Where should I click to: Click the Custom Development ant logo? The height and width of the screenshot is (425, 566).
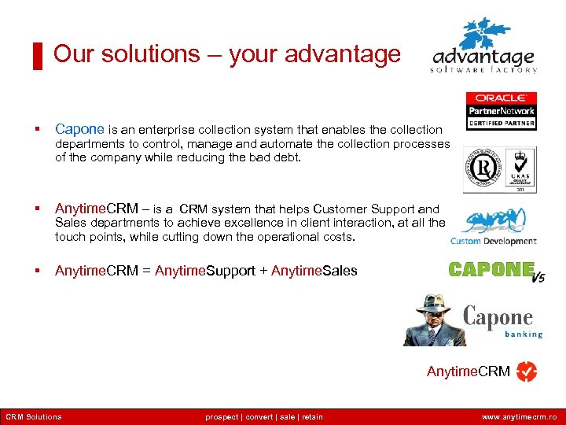494,228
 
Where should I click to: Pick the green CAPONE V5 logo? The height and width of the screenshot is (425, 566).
495,271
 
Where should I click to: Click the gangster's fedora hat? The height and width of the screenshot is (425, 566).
433,304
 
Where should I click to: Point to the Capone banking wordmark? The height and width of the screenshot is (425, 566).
502,321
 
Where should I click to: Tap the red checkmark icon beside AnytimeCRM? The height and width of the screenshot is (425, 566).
526,371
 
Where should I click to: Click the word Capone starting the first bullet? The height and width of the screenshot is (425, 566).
79,129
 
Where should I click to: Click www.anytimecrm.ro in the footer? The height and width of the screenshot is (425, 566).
520,417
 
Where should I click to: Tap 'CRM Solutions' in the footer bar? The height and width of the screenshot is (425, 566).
34,417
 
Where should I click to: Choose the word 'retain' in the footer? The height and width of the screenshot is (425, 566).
311,417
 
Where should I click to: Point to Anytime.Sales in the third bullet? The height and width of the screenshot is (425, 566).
314,271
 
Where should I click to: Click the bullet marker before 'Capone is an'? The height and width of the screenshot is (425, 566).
37,130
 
